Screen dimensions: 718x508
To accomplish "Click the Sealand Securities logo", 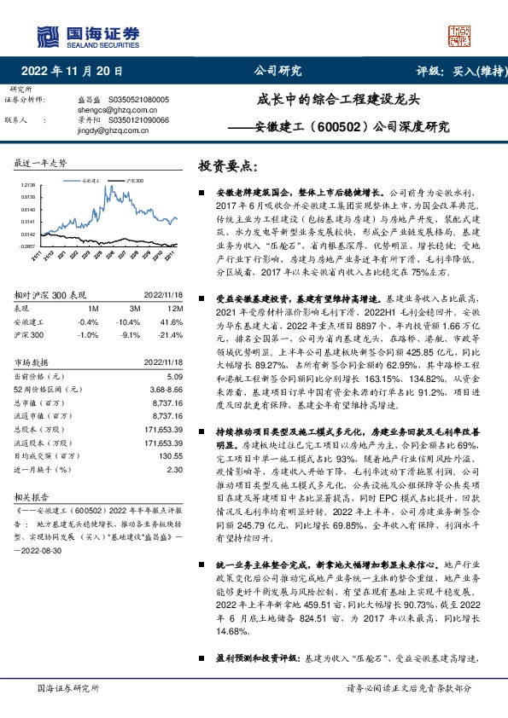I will pos(88,35).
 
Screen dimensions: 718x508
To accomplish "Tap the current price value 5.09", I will pos(175,376).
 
